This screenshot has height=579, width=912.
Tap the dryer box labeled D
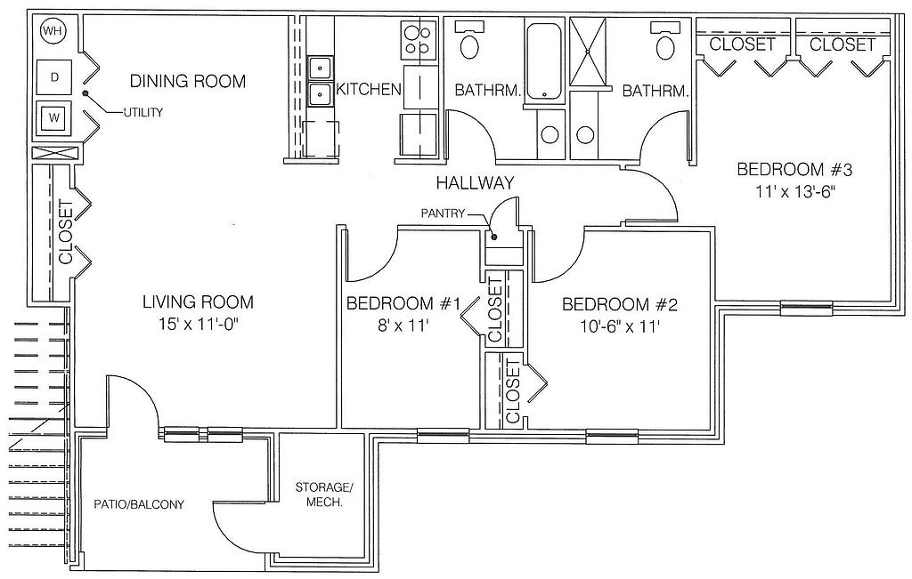tap(54, 76)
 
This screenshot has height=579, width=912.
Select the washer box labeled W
tap(54, 118)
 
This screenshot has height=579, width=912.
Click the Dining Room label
tap(188, 81)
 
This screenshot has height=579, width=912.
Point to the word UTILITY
tap(143, 113)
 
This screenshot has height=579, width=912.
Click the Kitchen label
tap(370, 89)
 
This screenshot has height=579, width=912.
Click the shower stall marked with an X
tap(588, 52)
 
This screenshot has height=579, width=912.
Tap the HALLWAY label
tap(476, 183)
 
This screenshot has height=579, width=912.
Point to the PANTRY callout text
tap(444, 213)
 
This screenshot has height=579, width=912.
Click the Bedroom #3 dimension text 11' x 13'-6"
tap(795, 191)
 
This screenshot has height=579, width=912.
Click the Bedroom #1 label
tap(403, 303)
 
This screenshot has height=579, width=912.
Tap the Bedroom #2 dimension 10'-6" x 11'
tap(620, 326)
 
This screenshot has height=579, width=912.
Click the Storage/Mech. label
tap(324, 495)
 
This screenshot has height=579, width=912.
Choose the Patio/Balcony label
tap(139, 504)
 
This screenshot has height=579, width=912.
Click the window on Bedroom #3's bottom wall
tap(806, 308)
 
